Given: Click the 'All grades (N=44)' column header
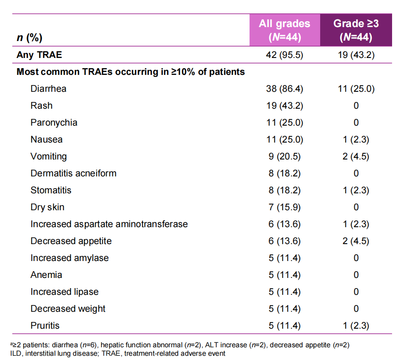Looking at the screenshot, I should (x=285, y=30).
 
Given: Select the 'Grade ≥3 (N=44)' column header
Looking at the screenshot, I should (x=356, y=30).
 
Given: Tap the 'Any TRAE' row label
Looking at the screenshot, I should (x=39, y=55).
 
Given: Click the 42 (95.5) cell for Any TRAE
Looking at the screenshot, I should (x=285, y=55).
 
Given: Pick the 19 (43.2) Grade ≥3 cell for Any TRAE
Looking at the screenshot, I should (x=356, y=55).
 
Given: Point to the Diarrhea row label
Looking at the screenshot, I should (x=48, y=89).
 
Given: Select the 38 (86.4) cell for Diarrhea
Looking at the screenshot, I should (x=285, y=89).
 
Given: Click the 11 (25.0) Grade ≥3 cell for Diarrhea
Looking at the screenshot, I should (x=356, y=89).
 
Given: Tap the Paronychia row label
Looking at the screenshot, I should (x=54, y=123).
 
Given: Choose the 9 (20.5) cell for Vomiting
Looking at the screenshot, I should (x=285, y=157).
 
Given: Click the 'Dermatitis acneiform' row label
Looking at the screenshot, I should (x=73, y=173).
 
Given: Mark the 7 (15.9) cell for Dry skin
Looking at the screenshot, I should (x=285, y=207).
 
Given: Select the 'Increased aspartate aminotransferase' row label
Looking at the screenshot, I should (x=109, y=224).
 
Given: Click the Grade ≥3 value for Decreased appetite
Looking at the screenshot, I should (x=356, y=241).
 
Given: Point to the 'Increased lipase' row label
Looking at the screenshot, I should (x=64, y=292).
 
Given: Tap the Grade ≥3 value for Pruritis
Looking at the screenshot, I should (x=356, y=326).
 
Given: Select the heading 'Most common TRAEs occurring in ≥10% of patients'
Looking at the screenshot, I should (x=131, y=72).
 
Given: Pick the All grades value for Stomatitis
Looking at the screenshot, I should (x=285, y=190).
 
